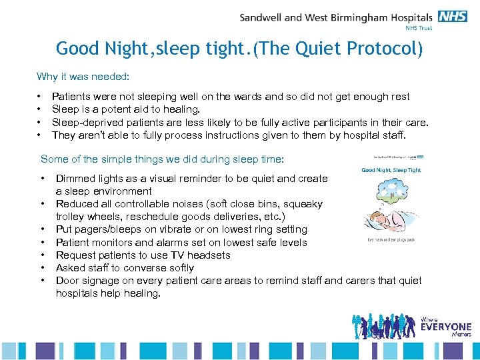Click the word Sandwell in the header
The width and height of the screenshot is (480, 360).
point(262,17)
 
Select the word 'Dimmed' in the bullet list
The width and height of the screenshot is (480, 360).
point(73,179)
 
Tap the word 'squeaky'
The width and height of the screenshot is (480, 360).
point(303,204)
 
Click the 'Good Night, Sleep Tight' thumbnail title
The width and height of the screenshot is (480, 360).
point(391,170)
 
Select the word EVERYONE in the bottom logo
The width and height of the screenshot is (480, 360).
point(445,327)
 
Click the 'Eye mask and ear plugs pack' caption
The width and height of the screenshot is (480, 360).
point(391,238)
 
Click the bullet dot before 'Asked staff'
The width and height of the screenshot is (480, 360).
point(43,267)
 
